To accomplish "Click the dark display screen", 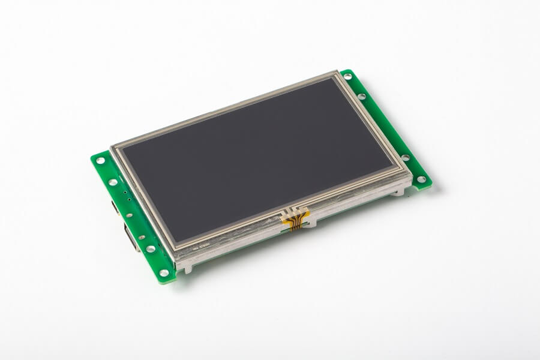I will [x=258, y=156].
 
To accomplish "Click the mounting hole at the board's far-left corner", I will [x=100, y=160].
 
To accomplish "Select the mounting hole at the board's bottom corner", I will [x=164, y=273].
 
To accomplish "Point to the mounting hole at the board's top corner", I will [x=347, y=77].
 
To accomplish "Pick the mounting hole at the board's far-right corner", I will [x=421, y=179].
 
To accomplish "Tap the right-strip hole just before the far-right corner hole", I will [x=406, y=158].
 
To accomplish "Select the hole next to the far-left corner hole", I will [x=113, y=182].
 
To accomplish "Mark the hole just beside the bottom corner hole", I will [x=151, y=249].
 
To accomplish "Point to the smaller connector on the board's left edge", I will [x=115, y=207].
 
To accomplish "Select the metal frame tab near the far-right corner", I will [x=397, y=192].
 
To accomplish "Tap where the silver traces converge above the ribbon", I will [x=295, y=211].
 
